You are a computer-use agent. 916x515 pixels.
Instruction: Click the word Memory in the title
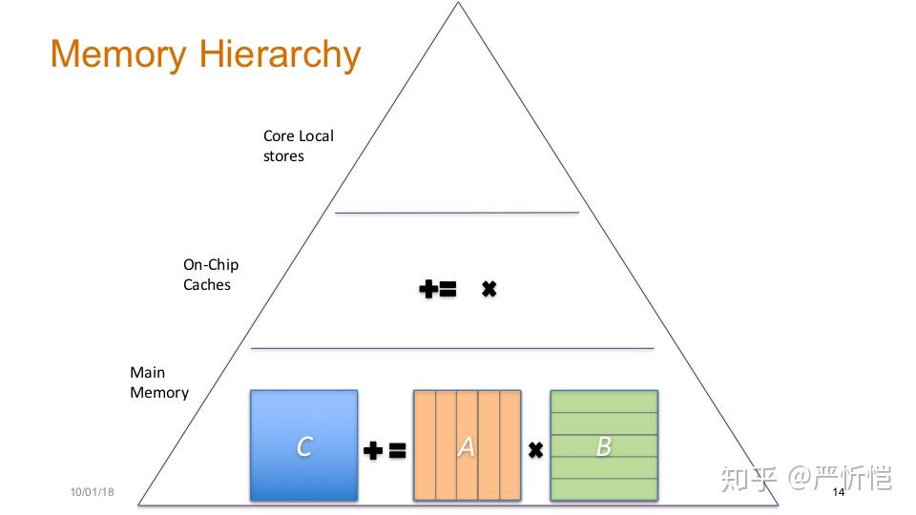pyautogui.click(x=118, y=55)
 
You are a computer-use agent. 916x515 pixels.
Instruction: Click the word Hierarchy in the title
pyautogui.click(x=280, y=55)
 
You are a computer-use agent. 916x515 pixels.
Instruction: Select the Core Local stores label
pyautogui.click(x=298, y=146)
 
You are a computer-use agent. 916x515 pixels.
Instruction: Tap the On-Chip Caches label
pyautogui.click(x=211, y=275)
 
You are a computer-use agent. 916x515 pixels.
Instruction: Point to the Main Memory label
pyautogui.click(x=159, y=382)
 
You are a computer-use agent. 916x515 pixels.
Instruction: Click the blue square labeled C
pyautogui.click(x=303, y=445)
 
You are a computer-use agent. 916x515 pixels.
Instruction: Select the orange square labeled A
pyautogui.click(x=467, y=445)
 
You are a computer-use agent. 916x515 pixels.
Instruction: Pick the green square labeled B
pyautogui.click(x=604, y=445)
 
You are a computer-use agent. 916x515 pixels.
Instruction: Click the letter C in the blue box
pyautogui.click(x=304, y=446)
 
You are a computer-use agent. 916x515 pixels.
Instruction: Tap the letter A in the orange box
pyautogui.click(x=467, y=447)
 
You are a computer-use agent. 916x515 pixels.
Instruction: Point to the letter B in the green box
pyautogui.click(x=603, y=446)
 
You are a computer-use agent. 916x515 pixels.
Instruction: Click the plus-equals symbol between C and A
pyautogui.click(x=385, y=450)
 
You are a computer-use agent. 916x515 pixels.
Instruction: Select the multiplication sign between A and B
pyautogui.click(x=535, y=450)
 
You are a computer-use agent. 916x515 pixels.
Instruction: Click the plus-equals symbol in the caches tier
pyautogui.click(x=438, y=288)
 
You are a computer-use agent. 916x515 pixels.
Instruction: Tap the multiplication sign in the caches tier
pyautogui.click(x=489, y=288)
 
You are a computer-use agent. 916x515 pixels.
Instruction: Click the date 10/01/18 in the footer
pyautogui.click(x=92, y=492)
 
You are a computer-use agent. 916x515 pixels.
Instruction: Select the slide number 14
pyautogui.click(x=839, y=492)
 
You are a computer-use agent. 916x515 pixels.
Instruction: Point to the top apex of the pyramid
pyautogui.click(x=459, y=2)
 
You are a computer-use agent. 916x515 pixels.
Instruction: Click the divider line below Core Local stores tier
pyautogui.click(x=457, y=213)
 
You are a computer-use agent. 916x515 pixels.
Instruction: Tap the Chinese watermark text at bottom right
pyautogui.click(x=806, y=478)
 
